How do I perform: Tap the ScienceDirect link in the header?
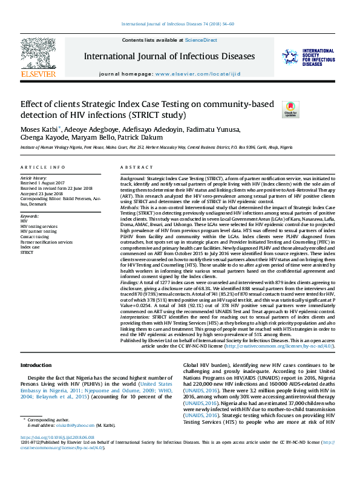(201, 40)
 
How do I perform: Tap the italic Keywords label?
(30, 216)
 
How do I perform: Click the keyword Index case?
(31, 247)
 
